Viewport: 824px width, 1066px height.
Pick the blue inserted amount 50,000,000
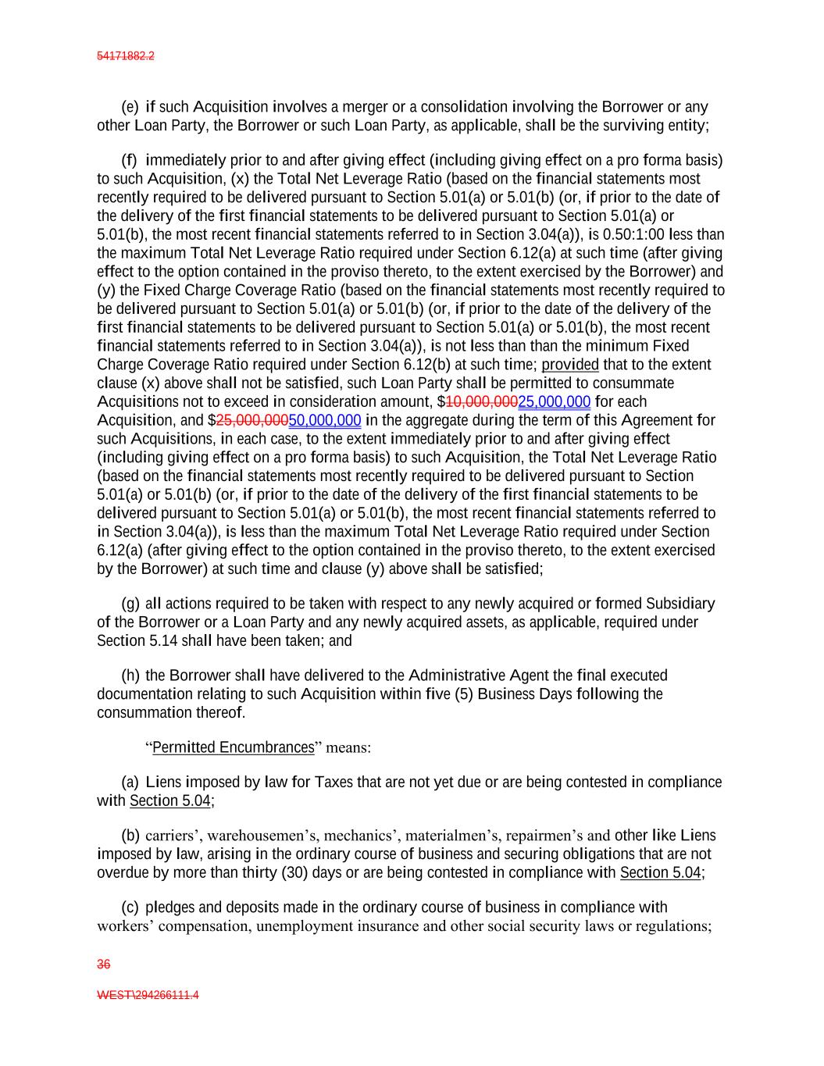pos(325,421)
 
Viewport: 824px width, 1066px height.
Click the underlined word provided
pos(570,365)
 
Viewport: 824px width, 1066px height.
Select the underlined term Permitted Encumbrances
pos(233,747)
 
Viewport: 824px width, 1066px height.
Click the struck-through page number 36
pos(103,964)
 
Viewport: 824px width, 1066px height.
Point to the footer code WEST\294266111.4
pos(148,996)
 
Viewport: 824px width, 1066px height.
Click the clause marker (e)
pos(130,107)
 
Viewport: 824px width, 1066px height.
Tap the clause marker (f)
pos(130,161)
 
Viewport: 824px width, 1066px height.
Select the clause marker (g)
pos(130,604)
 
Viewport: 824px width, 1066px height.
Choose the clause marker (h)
pos(130,676)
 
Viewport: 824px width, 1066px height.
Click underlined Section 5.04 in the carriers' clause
pos(661,872)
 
